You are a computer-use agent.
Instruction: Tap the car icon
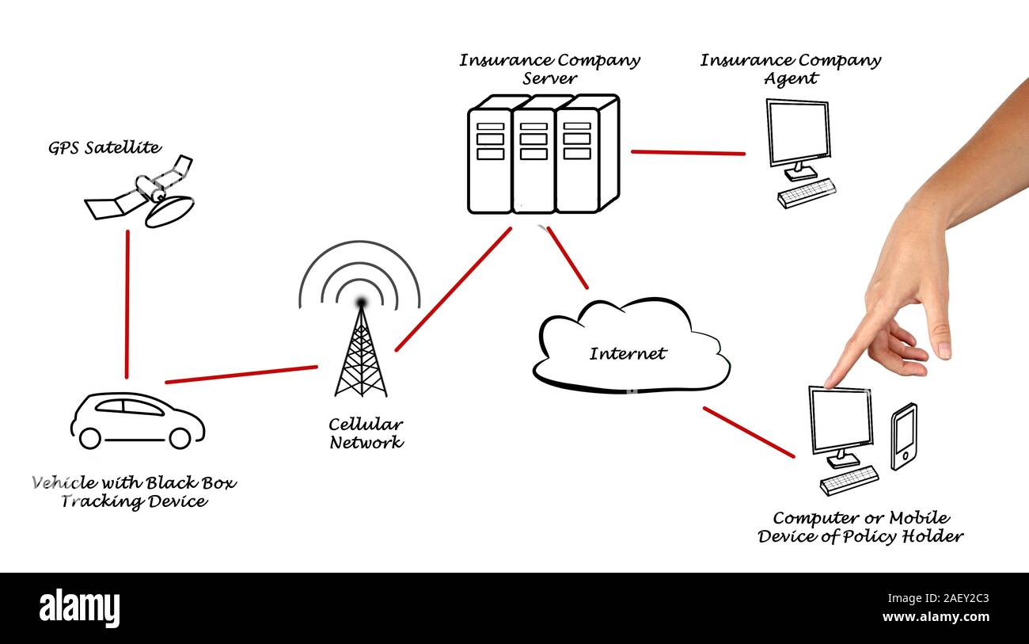[138, 421]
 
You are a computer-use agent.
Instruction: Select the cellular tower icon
[361, 336]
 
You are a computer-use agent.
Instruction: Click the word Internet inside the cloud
[628, 353]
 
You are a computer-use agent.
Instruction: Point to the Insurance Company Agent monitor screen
[799, 132]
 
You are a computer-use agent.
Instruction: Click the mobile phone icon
[904, 436]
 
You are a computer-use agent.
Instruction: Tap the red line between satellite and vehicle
[127, 304]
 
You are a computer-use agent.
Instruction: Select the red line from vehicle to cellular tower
[241, 374]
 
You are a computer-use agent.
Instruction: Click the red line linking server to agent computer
[688, 153]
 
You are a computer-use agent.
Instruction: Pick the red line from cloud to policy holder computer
[749, 432]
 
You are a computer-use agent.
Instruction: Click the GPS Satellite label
[104, 148]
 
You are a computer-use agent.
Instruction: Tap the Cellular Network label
[366, 433]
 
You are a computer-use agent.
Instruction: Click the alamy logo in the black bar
[79, 608]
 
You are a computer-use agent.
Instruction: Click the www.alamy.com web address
[936, 616]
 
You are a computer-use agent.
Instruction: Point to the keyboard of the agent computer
[807, 193]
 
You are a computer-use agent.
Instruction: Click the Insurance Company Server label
[550, 69]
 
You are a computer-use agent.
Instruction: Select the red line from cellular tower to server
[454, 289]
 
